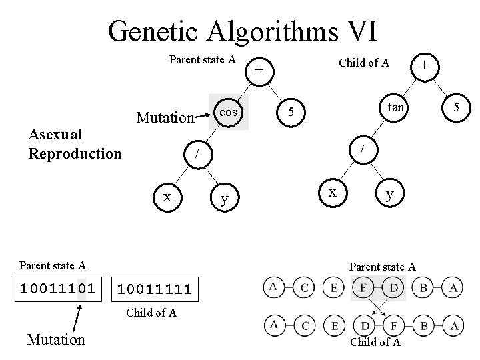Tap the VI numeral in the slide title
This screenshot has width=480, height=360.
357,31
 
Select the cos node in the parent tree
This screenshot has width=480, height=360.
229,111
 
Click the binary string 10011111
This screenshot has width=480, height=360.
155,289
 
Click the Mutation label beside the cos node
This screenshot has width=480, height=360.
164,118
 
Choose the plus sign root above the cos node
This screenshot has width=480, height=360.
261,69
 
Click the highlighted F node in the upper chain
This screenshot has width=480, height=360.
362,288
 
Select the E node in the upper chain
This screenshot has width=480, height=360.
333,288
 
